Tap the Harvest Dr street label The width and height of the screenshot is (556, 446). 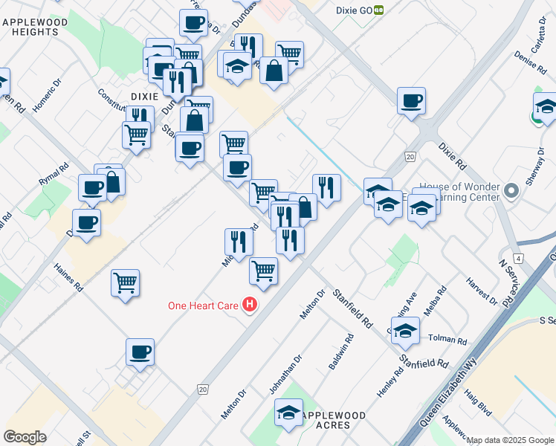pyautogui.click(x=482, y=291)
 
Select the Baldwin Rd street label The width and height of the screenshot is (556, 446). pyautogui.click(x=341, y=353)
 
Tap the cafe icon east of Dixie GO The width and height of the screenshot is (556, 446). pyautogui.click(x=410, y=101)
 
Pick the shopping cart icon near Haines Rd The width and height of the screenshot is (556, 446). pyautogui.click(x=125, y=283)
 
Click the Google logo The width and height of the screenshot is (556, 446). pyautogui.click(x=25, y=436)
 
